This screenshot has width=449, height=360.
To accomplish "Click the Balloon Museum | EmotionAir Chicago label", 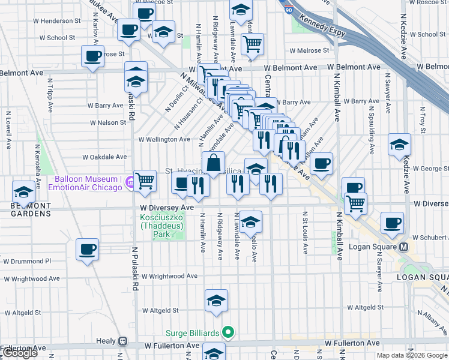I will tap(87, 183).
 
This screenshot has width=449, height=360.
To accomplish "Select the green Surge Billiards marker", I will tap(228, 331).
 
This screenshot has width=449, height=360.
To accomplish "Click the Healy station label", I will tap(106, 341).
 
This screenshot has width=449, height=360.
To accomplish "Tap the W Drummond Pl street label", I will tap(27, 261).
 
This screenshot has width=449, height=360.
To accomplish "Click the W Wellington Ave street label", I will tap(164, 139).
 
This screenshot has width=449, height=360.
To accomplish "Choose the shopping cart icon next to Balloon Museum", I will tap(145, 180).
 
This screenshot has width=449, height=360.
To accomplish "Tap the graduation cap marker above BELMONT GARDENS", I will tap(23, 192).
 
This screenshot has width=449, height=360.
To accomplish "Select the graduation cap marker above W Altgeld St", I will tap(216, 301).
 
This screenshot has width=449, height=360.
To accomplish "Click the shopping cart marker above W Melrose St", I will tap(253, 43).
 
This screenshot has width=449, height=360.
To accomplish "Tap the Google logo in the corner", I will tap(20, 353).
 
